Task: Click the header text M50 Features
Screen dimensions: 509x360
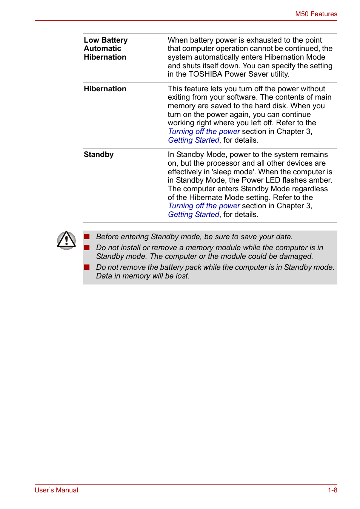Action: click(316, 14)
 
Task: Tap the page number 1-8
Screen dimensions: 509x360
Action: click(332, 490)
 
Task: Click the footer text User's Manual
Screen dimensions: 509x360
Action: click(56, 490)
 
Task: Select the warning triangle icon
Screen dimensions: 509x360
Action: click(66, 240)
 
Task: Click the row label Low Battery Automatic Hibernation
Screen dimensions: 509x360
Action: click(105, 49)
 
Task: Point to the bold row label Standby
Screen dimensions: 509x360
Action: click(98, 155)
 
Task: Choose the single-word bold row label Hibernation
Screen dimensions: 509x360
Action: click(105, 89)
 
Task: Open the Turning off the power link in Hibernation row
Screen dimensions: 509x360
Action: click(204, 132)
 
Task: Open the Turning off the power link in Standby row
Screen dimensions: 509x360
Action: click(204, 206)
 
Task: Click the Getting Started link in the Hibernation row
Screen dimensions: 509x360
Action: click(193, 140)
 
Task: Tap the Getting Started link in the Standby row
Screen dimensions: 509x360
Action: click(193, 215)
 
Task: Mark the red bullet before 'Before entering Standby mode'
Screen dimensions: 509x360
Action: click(87, 237)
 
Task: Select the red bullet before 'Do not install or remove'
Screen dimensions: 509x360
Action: click(87, 248)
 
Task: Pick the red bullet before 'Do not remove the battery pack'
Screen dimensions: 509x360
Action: click(87, 267)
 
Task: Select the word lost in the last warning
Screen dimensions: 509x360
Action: click(182, 276)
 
